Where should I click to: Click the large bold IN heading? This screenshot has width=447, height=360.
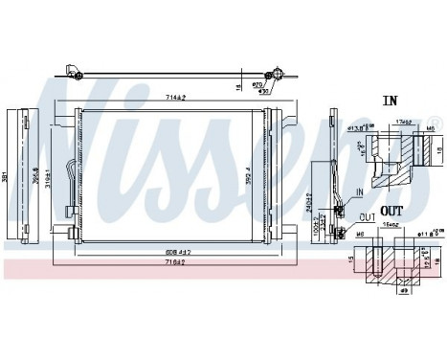[390, 99]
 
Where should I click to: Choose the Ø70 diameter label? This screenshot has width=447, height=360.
[257, 85]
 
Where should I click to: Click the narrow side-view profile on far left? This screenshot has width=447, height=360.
[27, 175]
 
